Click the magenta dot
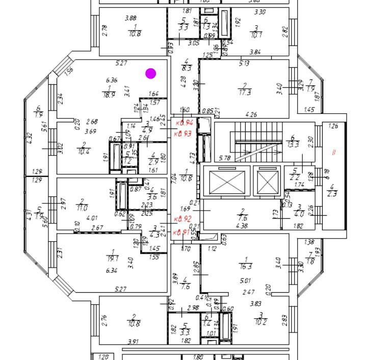click(x=150, y=73)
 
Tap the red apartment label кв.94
click(x=184, y=123)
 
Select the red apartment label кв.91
click(x=183, y=233)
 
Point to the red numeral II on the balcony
click(x=334, y=152)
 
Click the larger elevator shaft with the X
click(x=227, y=182)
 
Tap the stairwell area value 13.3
click(x=293, y=145)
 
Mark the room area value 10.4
click(x=84, y=152)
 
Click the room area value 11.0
click(x=82, y=208)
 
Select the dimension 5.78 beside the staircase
click(x=225, y=159)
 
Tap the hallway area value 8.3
click(x=187, y=67)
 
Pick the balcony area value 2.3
click(x=332, y=193)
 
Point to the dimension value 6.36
click(x=112, y=80)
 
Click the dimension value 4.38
click(x=243, y=226)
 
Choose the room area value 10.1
click(x=256, y=35)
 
